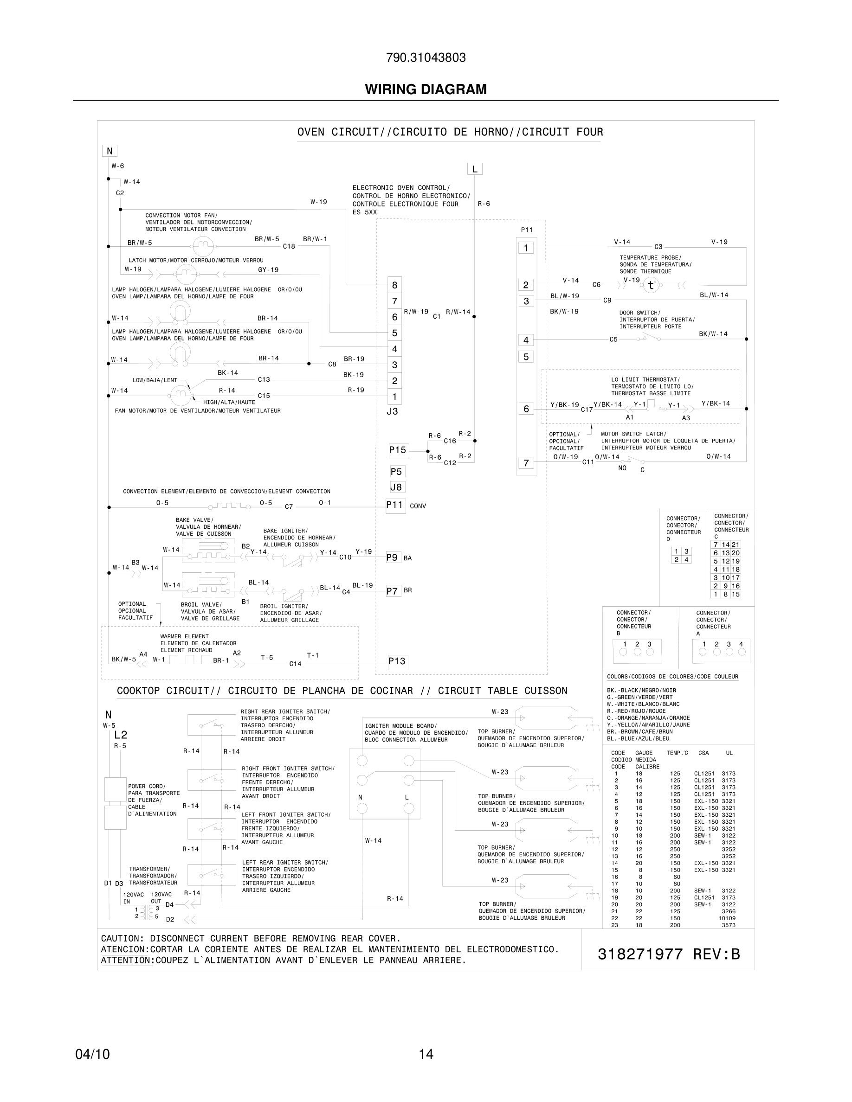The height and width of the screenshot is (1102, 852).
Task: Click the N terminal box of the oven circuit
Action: point(110,150)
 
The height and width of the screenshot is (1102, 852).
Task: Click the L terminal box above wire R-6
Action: point(474,169)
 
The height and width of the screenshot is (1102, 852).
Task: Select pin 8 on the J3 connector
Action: point(395,285)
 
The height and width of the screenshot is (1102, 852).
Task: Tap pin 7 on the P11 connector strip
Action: point(526,463)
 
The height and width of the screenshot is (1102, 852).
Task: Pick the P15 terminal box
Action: point(398,450)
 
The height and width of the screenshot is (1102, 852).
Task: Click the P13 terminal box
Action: point(397,661)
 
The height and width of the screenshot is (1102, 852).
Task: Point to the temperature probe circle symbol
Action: point(651,285)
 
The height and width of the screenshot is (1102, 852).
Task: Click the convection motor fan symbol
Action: point(203,246)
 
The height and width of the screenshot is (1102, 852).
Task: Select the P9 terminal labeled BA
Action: point(392,557)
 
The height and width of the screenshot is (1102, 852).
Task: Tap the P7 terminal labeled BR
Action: point(392,591)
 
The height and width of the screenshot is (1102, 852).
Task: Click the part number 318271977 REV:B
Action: point(668,954)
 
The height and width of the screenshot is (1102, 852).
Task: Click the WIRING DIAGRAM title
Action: point(426,90)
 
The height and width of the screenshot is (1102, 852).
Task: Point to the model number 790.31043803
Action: point(426,58)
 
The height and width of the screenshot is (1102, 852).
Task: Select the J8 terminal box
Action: point(397,487)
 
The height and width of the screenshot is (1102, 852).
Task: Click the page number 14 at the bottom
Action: point(426,1054)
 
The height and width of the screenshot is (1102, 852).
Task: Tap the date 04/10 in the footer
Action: point(92,1054)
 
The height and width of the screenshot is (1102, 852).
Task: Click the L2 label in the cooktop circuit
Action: point(121,735)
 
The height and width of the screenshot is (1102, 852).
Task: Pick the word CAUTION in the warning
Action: point(119,939)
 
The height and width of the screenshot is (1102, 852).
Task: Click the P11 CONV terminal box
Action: point(395,505)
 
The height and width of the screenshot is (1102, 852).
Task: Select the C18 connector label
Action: point(289,247)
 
